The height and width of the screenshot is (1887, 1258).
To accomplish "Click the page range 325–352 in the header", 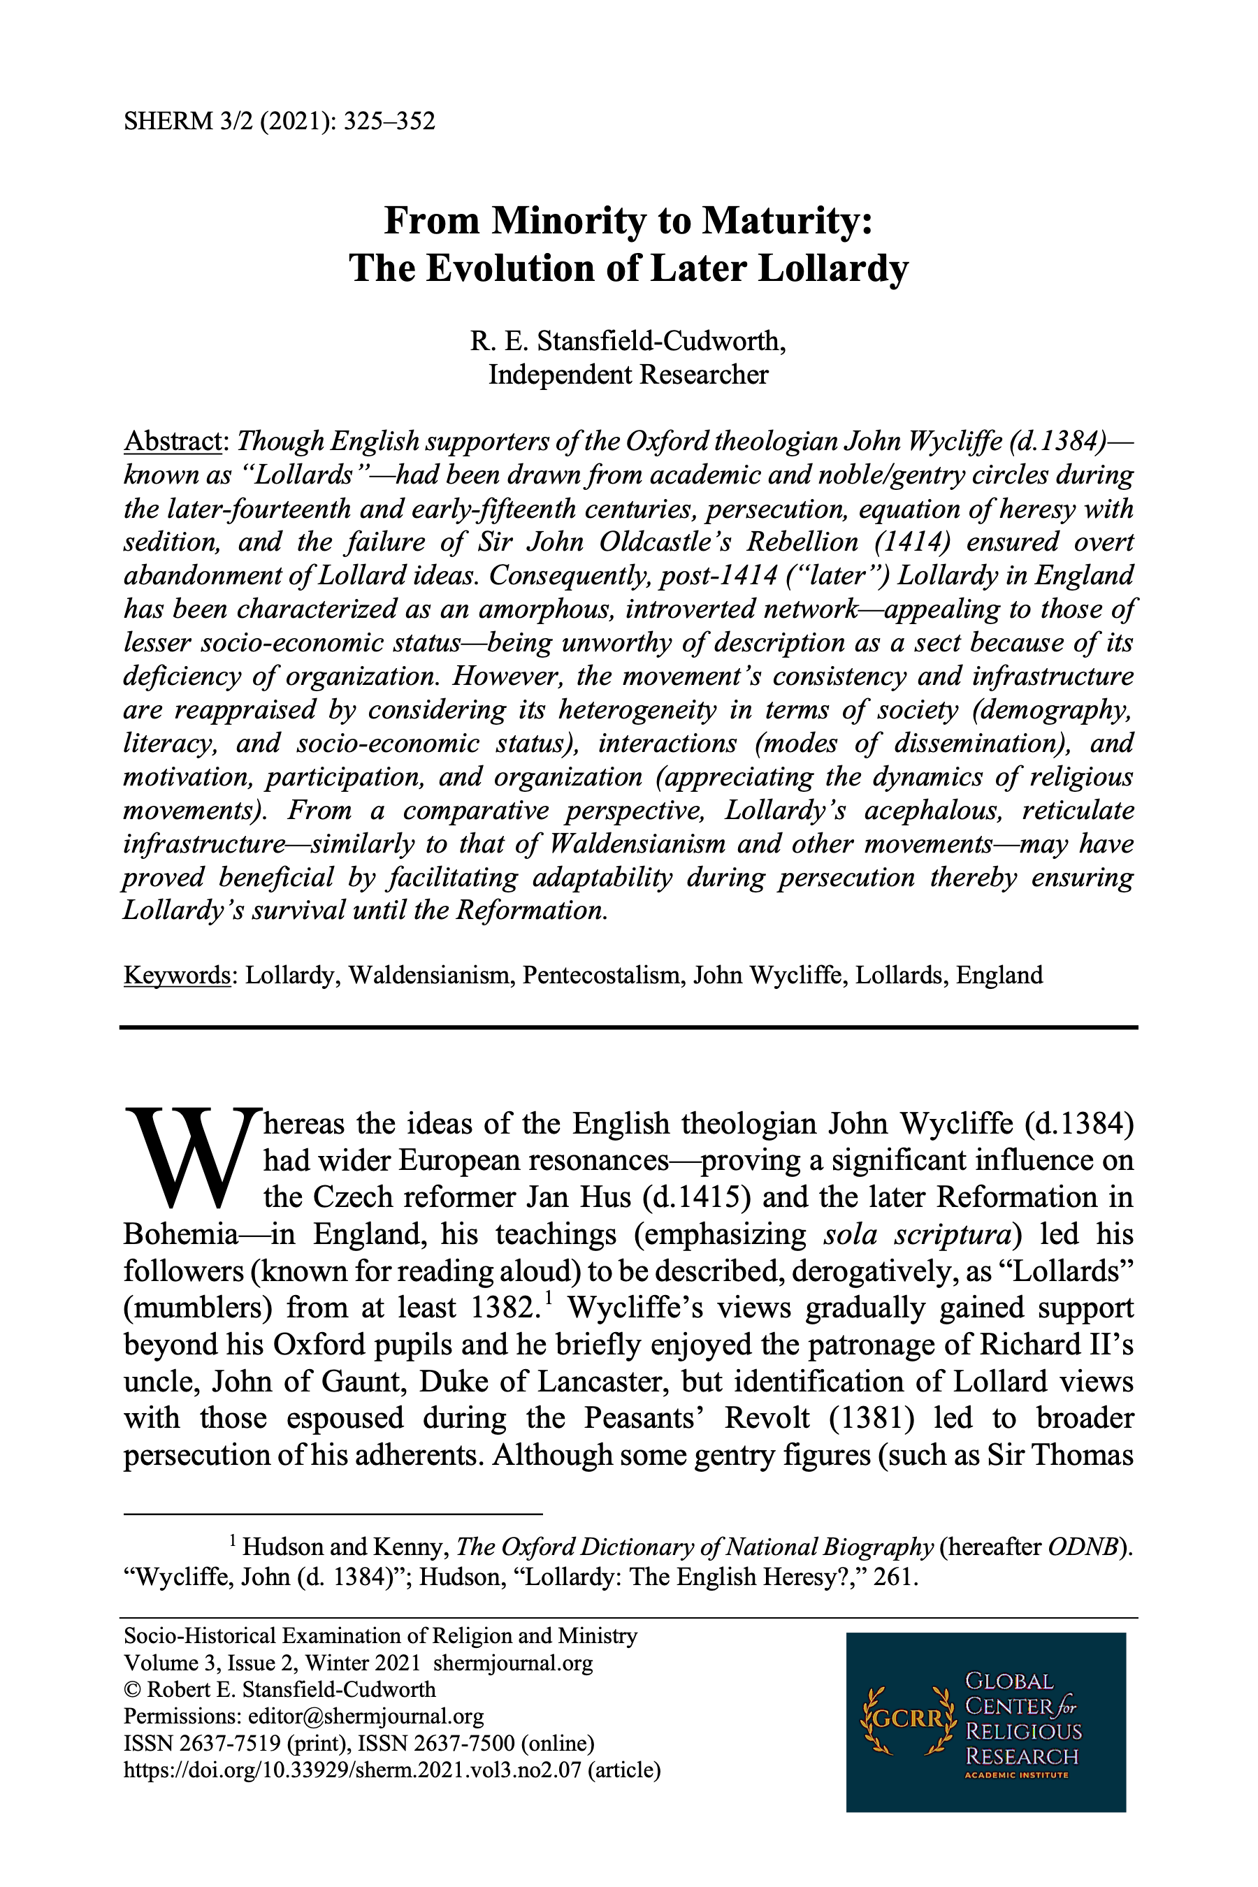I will coord(389,121).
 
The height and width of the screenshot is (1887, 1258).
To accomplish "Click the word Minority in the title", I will coord(568,221).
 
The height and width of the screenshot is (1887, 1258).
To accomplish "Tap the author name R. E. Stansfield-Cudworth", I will coord(628,341).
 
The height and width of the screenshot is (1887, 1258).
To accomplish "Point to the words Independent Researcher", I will coord(628,375).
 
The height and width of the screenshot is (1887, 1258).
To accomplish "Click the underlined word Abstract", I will coord(172,441).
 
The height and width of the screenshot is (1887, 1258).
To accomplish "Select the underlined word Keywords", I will coord(177,976).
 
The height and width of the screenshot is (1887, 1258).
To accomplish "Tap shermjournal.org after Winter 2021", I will coord(513,1663).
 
